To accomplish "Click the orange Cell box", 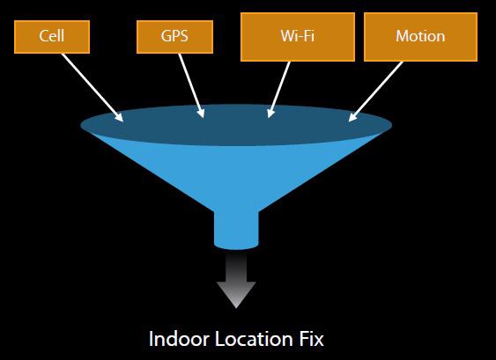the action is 52,37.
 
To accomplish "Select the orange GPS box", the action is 174,37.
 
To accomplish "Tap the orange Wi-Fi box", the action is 298,37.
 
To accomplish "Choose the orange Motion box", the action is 421,37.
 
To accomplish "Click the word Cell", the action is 52,36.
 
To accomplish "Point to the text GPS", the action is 174,36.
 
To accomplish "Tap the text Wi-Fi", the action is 298,36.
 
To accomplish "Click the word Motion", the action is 420,36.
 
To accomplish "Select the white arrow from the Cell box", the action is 93,87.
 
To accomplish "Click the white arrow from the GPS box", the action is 191,86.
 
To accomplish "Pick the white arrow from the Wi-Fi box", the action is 278,90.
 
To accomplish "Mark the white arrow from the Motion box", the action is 375,92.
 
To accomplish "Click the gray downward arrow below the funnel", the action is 236,279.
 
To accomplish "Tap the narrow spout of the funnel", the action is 236,230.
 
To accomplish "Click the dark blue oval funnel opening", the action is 236,125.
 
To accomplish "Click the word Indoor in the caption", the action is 179,339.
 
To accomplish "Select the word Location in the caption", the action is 254,339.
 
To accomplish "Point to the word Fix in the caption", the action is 311,339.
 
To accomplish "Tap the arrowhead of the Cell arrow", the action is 118,116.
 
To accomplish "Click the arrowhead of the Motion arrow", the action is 353,116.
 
